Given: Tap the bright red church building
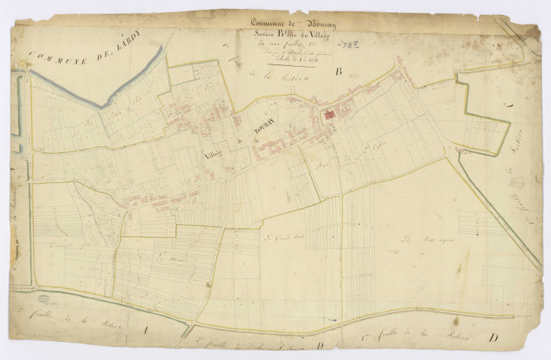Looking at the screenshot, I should (328, 116).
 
